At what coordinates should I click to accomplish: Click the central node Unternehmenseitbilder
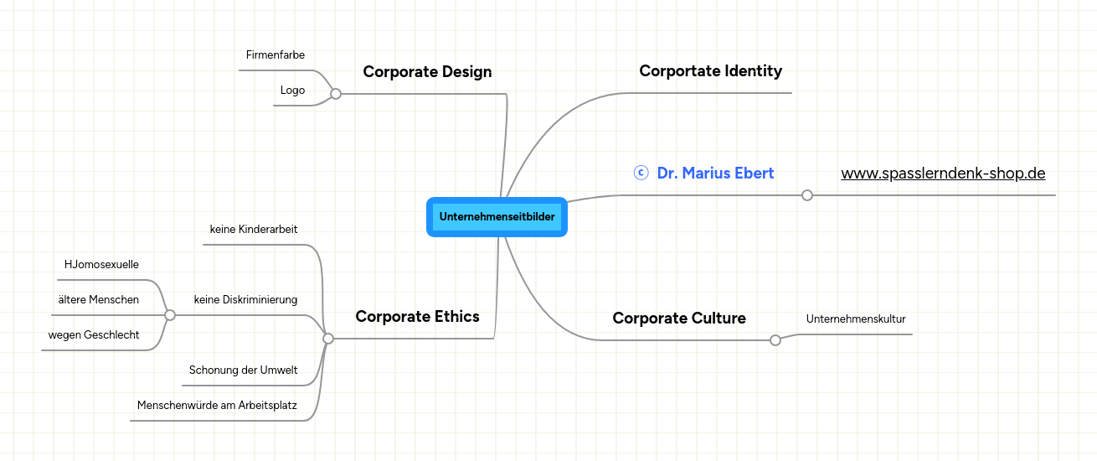click(497, 217)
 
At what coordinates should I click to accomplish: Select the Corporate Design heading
click(427, 72)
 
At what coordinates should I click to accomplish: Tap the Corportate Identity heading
click(710, 71)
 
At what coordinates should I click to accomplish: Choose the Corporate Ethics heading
click(417, 316)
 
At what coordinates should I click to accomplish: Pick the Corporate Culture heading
click(678, 318)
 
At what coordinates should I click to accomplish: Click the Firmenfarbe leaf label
click(276, 55)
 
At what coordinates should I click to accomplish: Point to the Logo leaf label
click(292, 91)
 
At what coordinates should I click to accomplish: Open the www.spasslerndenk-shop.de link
click(943, 174)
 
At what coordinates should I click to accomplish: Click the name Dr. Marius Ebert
click(715, 173)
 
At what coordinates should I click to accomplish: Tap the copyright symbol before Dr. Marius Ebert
click(641, 173)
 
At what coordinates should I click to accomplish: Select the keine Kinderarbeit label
click(253, 229)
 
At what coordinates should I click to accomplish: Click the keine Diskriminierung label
click(245, 299)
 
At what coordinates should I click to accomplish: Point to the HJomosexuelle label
click(101, 265)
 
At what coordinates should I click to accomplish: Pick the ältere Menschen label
click(99, 299)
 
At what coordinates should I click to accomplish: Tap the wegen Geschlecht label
click(94, 334)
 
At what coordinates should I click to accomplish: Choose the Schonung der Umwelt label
click(243, 370)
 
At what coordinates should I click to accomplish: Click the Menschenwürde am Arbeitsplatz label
click(217, 405)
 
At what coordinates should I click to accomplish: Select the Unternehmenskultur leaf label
click(856, 319)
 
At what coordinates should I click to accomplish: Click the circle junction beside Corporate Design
click(336, 94)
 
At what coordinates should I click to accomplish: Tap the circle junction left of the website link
click(807, 195)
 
